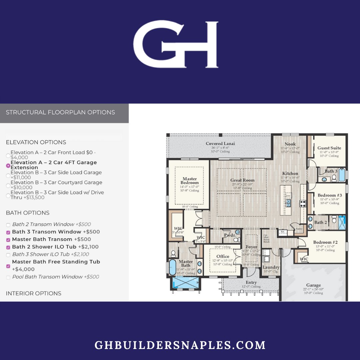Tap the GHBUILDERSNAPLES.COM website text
tap(180, 345)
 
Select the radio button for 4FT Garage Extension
tap(8, 165)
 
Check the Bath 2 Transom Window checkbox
tap(8, 225)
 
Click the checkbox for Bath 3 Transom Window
tap(8, 232)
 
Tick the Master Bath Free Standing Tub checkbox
tap(8, 266)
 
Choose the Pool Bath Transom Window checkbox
tap(8, 277)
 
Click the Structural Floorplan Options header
tap(60, 112)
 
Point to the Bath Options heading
tap(28, 213)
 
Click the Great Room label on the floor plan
tap(242, 180)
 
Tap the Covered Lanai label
tap(220, 144)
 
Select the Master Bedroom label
tap(189, 181)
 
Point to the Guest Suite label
tap(329, 148)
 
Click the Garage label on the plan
tap(313, 285)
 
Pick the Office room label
tap(223, 256)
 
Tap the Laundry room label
tap(271, 267)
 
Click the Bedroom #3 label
tap(329, 195)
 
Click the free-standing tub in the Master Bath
tap(172, 268)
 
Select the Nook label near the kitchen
tap(290, 144)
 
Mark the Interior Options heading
tap(33, 293)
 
